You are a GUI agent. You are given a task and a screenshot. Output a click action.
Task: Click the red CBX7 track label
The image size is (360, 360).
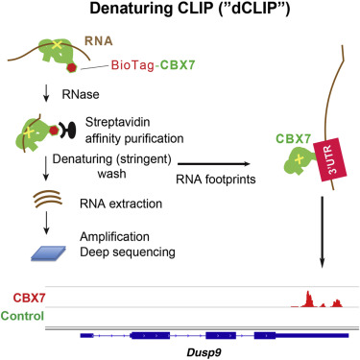pos(22,298)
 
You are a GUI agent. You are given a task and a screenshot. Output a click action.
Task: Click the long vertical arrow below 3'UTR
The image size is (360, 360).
pos(309,230)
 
